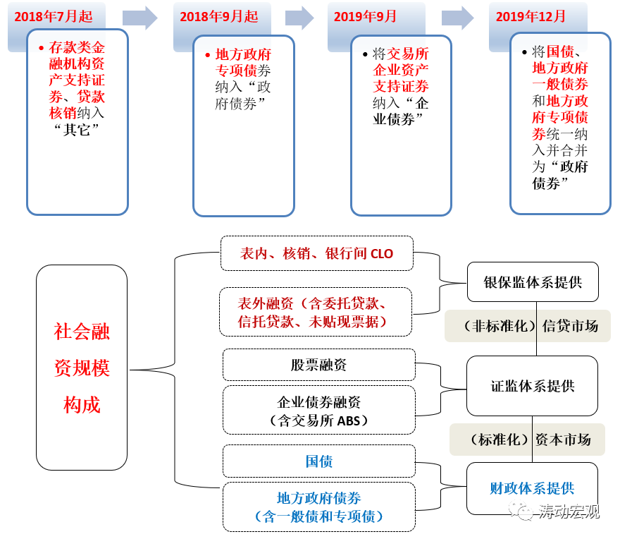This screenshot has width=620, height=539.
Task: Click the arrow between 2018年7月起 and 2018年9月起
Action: pyautogui.click(x=139, y=18)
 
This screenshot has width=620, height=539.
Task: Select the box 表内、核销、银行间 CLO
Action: pyautogui.click(x=316, y=253)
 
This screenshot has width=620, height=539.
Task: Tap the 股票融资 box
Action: pyautogui.click(x=318, y=365)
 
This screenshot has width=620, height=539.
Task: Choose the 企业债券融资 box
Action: pyautogui.click(x=318, y=411)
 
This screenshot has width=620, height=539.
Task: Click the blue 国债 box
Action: pyautogui.click(x=318, y=461)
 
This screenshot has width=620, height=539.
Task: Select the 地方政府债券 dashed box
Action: pyautogui.click(x=318, y=507)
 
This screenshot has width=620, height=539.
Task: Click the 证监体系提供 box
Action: pyautogui.click(x=532, y=386)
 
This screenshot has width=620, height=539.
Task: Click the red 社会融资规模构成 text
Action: pyautogui.click(x=82, y=368)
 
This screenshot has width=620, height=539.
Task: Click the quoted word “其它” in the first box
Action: pyautogui.click(x=77, y=130)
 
